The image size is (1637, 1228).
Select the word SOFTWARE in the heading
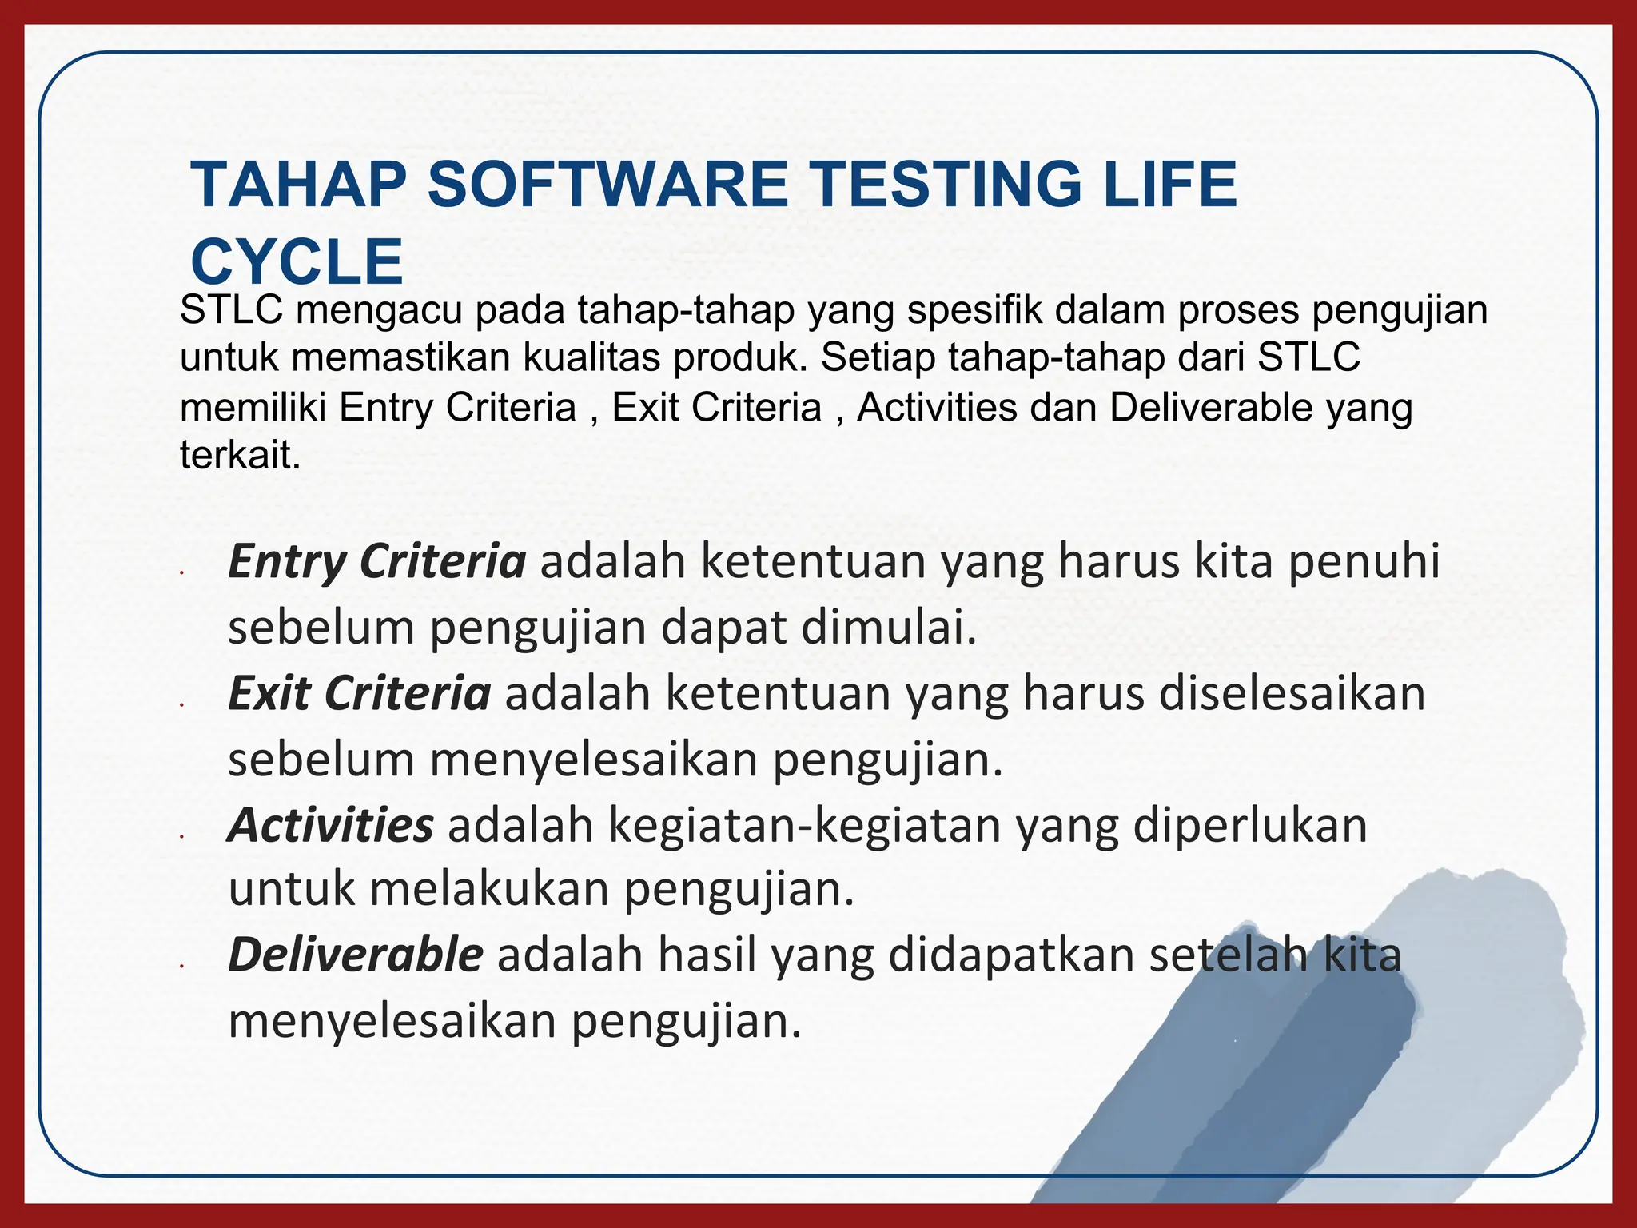(x=607, y=185)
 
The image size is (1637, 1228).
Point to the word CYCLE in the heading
(x=297, y=262)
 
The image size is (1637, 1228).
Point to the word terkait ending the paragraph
(x=239, y=456)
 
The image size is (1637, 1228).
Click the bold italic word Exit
(x=269, y=694)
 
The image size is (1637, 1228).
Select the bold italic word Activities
(x=331, y=825)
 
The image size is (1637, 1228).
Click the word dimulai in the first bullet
(x=889, y=628)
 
